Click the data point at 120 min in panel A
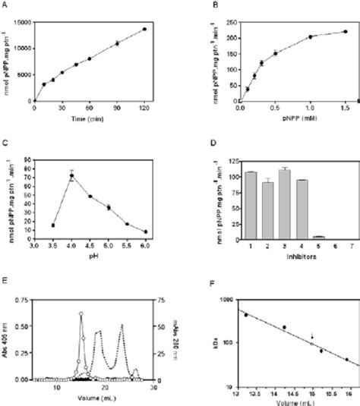[144, 29]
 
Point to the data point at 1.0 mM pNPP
[310, 36]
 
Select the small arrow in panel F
[311, 334]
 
